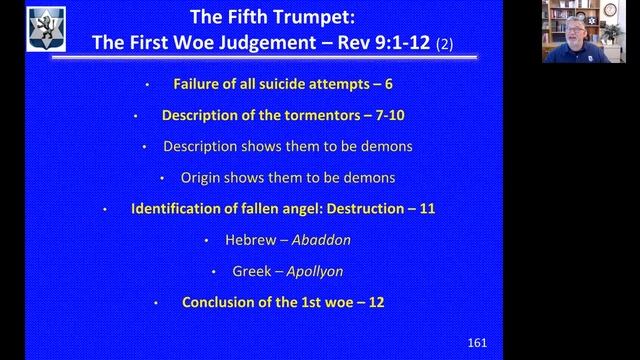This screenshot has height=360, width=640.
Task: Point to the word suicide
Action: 265,84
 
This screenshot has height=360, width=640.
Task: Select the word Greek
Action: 250,271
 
